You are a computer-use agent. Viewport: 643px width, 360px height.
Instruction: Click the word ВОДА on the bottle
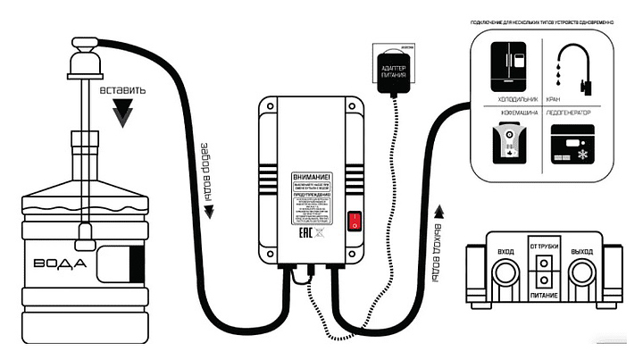(60, 264)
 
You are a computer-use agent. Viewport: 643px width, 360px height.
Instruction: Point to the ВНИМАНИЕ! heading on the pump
(312, 180)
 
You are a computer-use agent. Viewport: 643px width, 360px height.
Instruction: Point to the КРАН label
(553, 99)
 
